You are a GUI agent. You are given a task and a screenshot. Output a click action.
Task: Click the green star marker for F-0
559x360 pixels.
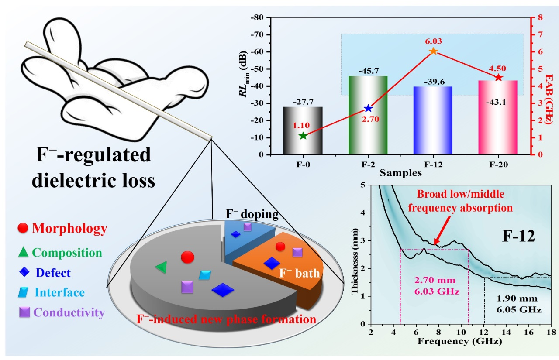[303, 136]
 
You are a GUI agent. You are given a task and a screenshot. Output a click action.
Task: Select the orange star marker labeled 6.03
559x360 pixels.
[433, 51]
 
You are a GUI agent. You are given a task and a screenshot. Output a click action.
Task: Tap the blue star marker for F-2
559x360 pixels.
[368, 108]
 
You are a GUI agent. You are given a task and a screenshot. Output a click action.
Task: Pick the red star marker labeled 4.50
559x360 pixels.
[499, 77]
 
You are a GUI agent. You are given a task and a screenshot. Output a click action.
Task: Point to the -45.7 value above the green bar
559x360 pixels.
[368, 71]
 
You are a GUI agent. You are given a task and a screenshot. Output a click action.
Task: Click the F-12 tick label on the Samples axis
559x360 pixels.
[433, 165]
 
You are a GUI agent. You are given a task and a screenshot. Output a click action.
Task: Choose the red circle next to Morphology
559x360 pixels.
[24, 228]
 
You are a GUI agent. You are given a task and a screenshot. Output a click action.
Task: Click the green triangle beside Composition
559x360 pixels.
[24, 252]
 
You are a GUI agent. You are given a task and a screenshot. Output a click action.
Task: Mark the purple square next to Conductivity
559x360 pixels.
[24, 312]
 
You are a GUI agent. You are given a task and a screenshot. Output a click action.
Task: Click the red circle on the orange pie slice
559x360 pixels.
[281, 247]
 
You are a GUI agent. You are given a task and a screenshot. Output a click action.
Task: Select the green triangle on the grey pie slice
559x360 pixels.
[162, 267]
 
